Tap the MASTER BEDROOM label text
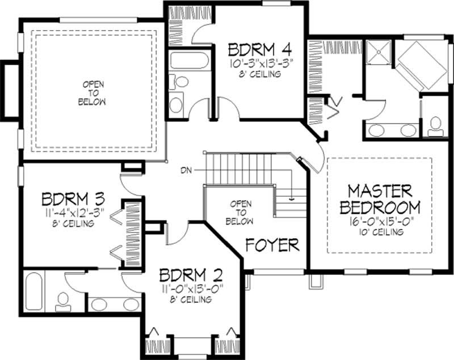tap(380, 198)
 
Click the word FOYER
tap(272, 245)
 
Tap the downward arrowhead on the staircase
tap(291, 198)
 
